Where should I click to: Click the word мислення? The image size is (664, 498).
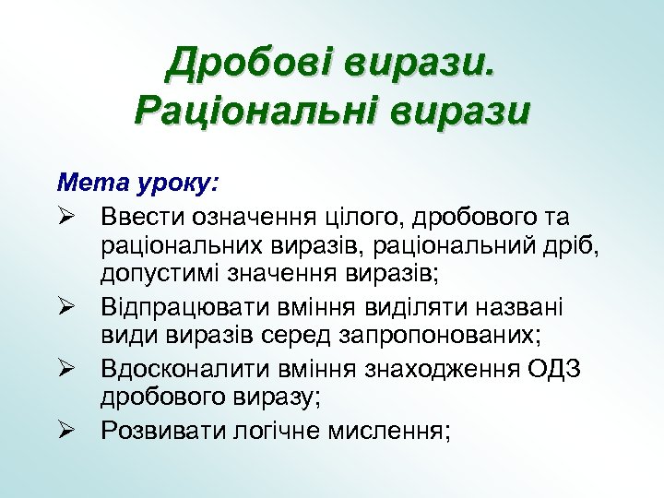pyautogui.click(x=387, y=431)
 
